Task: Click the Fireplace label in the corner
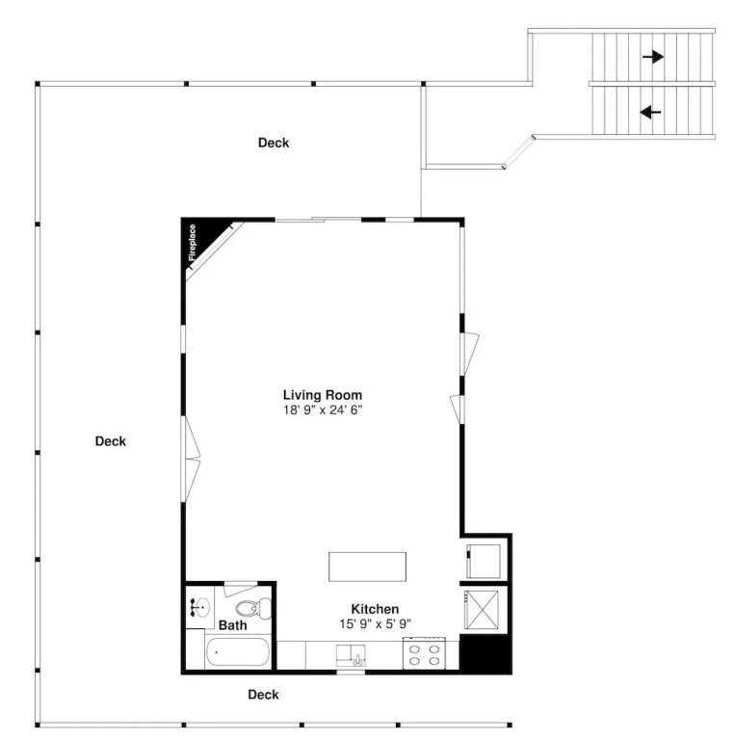tap(192, 243)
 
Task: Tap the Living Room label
tap(323, 395)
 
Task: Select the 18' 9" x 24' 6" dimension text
tap(323, 410)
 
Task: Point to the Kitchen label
tap(375, 609)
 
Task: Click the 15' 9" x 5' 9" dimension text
tap(375, 624)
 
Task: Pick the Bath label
tap(232, 625)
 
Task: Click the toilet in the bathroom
tap(253, 608)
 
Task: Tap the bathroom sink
tap(200, 607)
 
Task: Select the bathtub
tap(237, 651)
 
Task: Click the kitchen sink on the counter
tap(351, 655)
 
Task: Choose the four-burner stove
tap(424, 653)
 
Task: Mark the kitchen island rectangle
tap(367, 567)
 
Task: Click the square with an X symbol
tap(482, 609)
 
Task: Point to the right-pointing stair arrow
tap(653, 57)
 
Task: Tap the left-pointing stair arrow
tap(650, 113)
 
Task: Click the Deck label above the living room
tap(274, 143)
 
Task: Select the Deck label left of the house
tap(111, 441)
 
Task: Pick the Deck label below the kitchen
tap(263, 694)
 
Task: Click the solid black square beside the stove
tap(485, 654)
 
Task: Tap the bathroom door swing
tap(240, 590)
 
